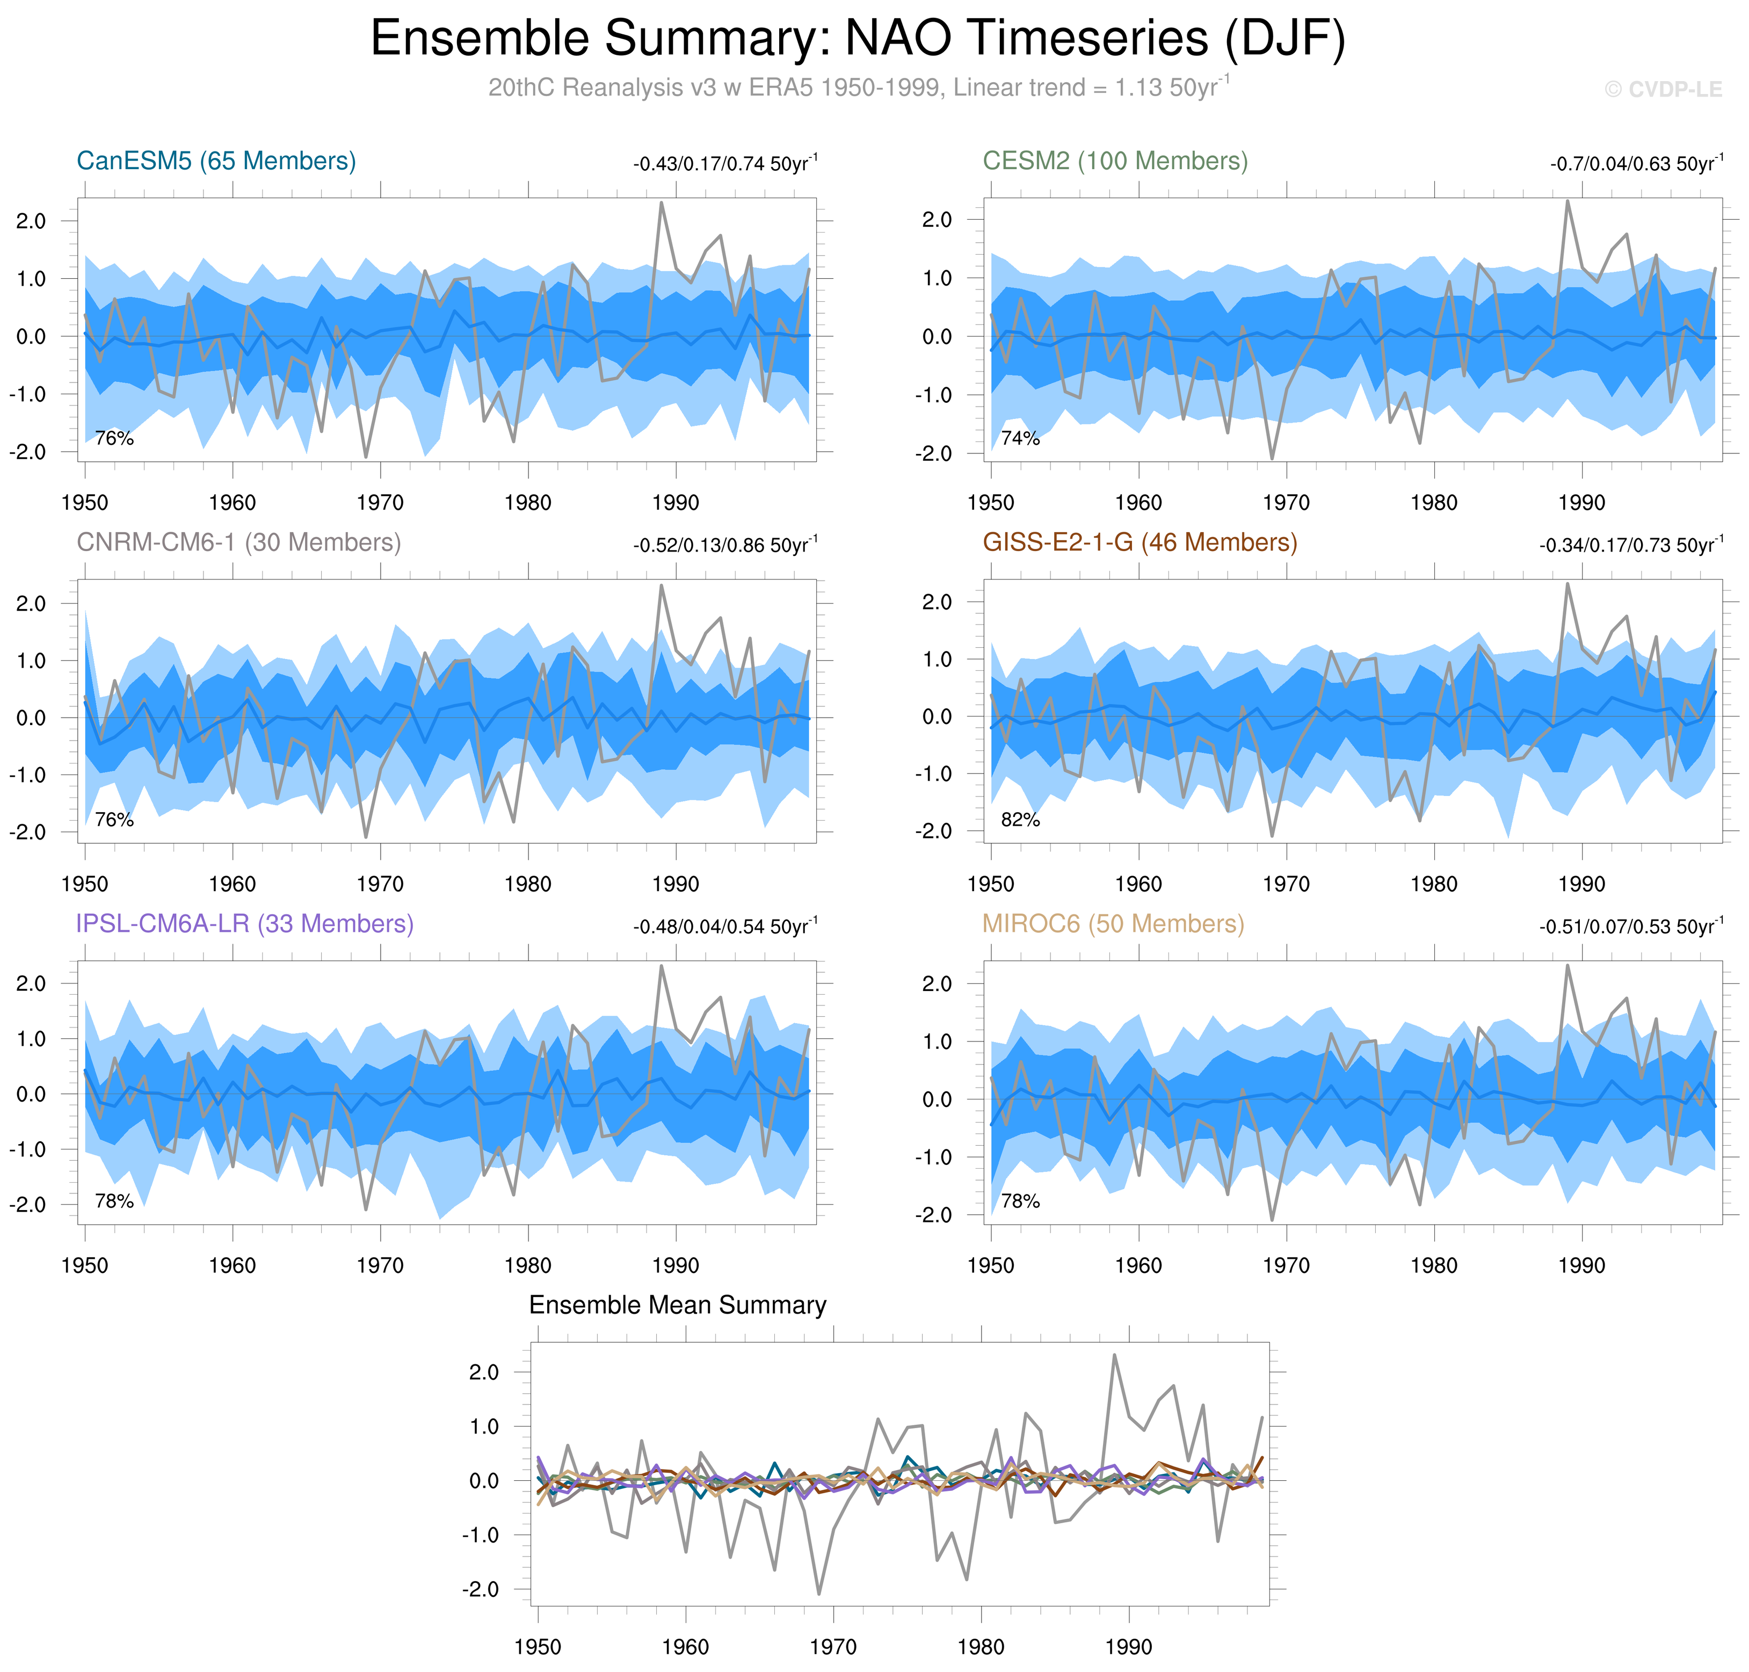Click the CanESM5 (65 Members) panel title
click(x=216, y=161)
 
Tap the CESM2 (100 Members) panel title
click(x=1115, y=161)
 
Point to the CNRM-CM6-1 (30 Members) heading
click(x=239, y=543)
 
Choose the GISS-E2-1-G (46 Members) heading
click(x=1140, y=543)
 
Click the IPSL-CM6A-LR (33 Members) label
click(x=245, y=924)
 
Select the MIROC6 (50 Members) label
click(x=1113, y=924)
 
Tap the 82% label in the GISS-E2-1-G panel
click(x=1020, y=820)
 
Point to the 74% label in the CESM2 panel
click(x=1020, y=438)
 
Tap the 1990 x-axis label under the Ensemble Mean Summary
click(x=1129, y=1648)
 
